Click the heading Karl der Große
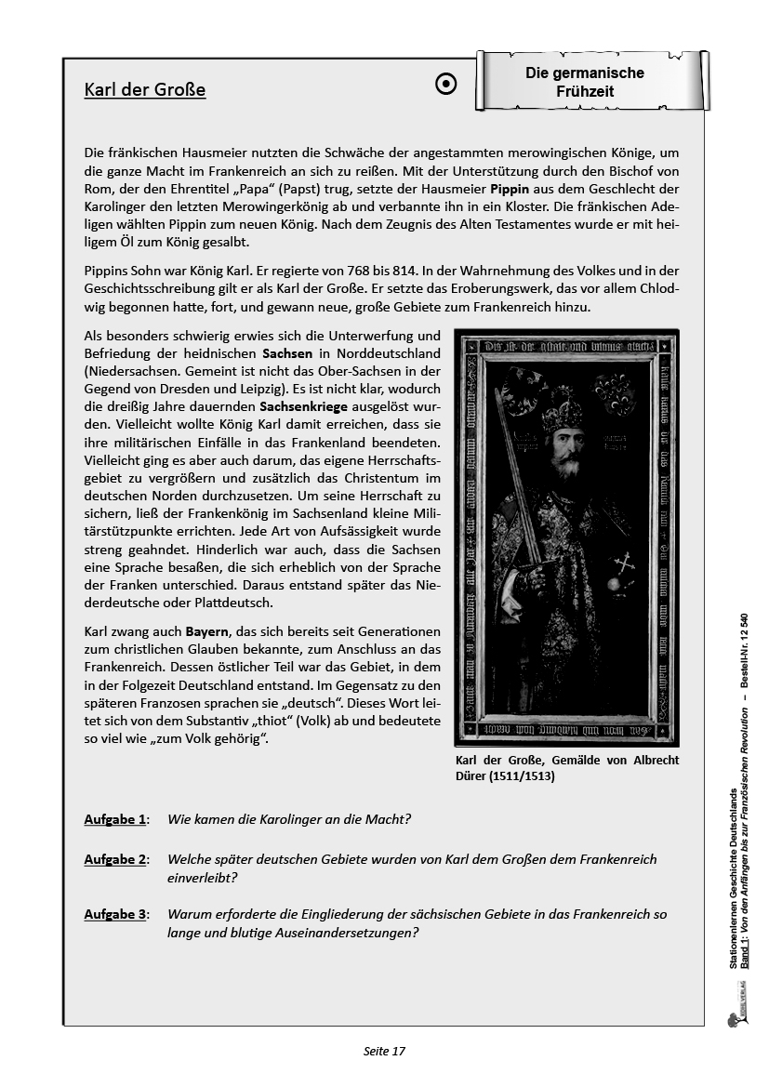[144, 90]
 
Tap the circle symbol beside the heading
[446, 85]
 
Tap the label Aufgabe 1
[115, 819]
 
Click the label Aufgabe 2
[115, 859]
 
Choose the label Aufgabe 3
[115, 914]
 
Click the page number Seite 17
[384, 1052]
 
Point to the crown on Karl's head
[562, 409]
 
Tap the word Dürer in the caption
[472, 775]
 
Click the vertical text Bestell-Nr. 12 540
[745, 652]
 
